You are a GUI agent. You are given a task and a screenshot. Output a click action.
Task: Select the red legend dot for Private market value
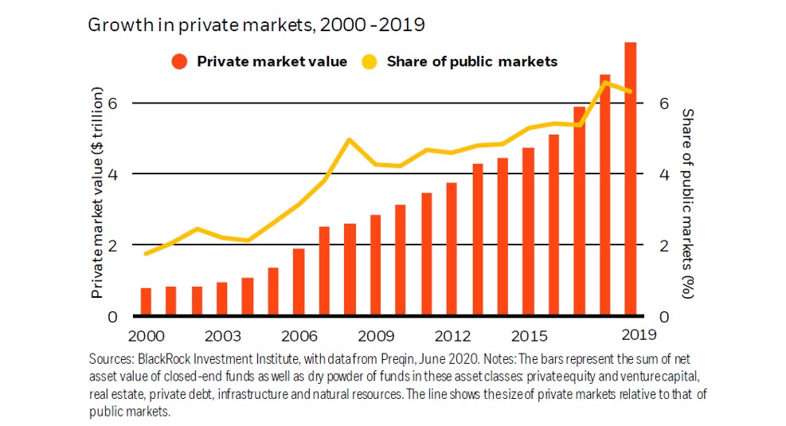(x=179, y=61)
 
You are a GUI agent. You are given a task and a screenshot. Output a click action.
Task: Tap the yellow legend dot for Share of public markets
(x=369, y=61)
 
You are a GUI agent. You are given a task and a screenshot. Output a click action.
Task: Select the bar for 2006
(x=299, y=282)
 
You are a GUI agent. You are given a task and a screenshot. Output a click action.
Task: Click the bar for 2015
(x=528, y=232)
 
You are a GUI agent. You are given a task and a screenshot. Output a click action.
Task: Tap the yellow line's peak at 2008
(x=350, y=139)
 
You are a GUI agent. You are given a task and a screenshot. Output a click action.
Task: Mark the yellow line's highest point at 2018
(x=604, y=82)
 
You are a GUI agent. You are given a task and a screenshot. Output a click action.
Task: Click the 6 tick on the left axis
(x=113, y=103)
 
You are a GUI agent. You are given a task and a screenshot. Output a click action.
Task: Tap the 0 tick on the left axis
(x=113, y=317)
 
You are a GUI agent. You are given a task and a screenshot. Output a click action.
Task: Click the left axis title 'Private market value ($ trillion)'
(x=97, y=193)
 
